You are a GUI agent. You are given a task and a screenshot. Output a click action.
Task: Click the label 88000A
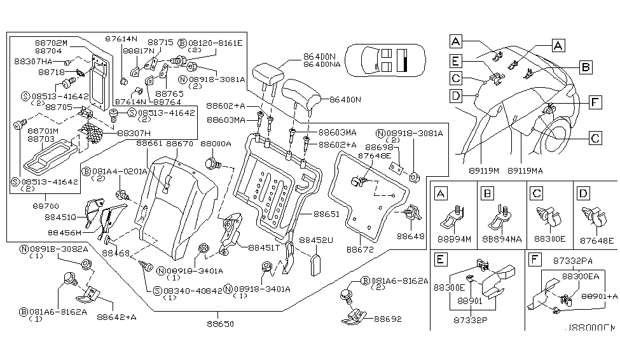(216, 144)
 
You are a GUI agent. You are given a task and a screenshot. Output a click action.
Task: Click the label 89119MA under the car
(525, 170)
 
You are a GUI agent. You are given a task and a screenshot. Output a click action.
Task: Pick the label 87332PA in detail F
(570, 260)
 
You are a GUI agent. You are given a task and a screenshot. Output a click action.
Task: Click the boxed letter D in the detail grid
(584, 191)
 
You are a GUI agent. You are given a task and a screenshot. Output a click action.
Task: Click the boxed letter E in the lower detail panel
(439, 260)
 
